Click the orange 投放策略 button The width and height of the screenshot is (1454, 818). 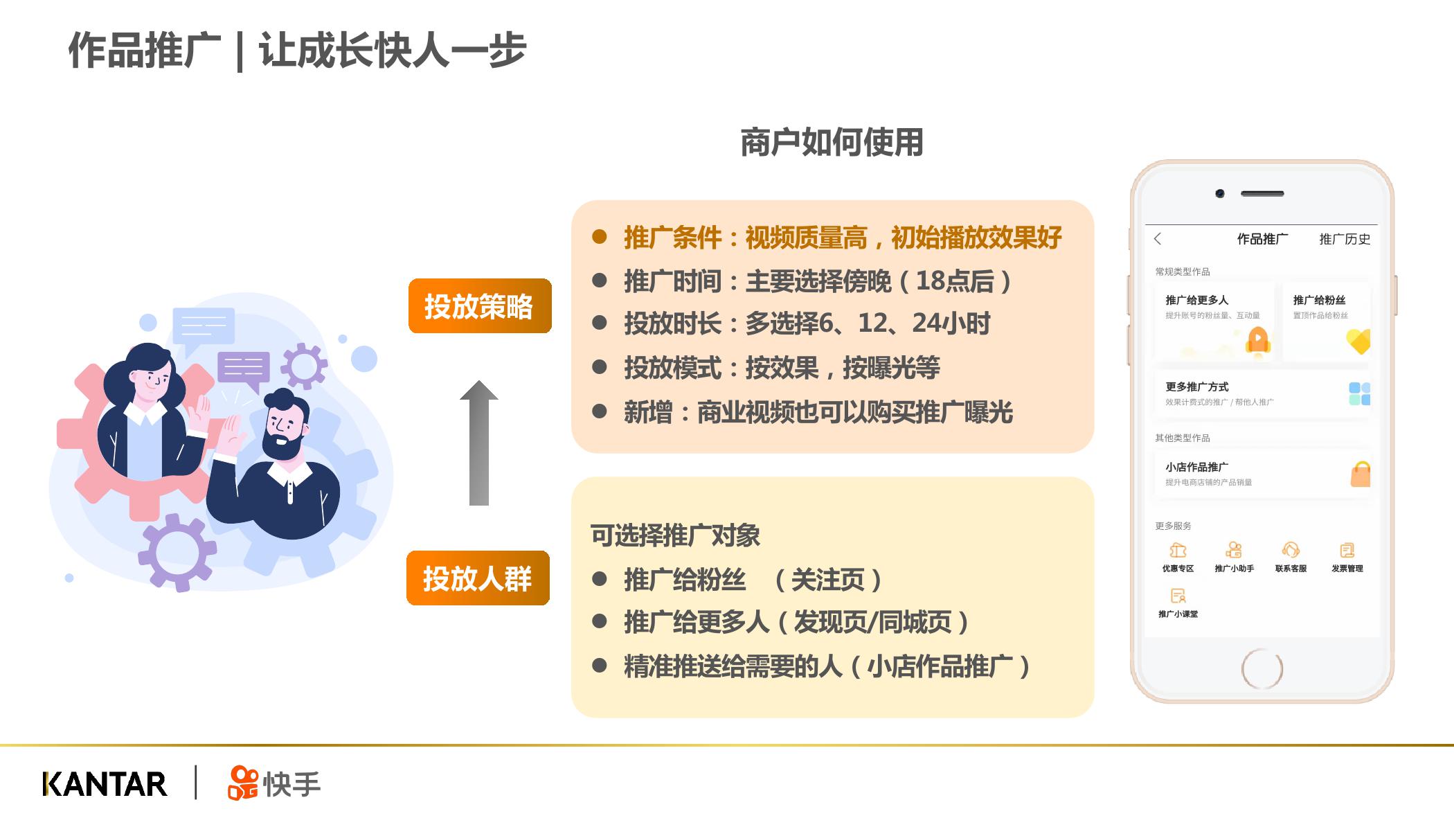coord(480,306)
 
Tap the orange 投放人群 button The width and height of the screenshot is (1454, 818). coord(478,578)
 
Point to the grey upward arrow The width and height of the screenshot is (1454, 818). coord(479,443)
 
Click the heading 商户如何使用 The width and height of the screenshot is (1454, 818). coord(832,142)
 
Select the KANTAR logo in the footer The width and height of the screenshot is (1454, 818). coord(105,784)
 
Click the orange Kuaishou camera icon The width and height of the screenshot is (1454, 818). coord(242,783)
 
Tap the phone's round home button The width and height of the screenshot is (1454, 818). coord(1262,669)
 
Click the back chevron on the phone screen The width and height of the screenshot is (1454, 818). coord(1158,239)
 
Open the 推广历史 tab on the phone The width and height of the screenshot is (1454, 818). coord(1345,239)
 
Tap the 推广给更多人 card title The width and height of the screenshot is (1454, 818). coord(1197,300)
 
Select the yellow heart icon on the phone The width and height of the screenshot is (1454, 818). coord(1358,341)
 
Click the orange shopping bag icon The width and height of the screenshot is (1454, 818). coord(1361,474)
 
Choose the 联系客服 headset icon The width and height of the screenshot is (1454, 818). coord(1291,550)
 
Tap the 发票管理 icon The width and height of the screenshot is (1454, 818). coord(1347,550)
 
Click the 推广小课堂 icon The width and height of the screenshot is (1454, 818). coord(1178,596)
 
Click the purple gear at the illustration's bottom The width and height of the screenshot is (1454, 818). coord(177,553)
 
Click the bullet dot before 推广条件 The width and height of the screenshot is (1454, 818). coord(600,238)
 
